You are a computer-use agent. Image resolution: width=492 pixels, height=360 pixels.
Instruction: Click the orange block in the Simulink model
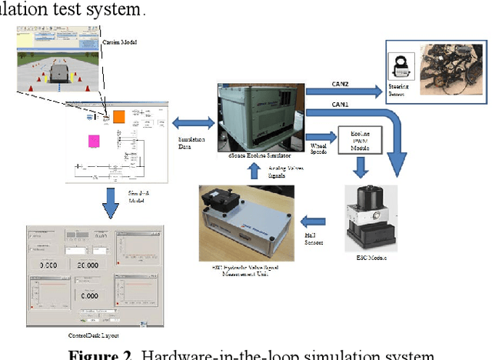(x=119, y=117)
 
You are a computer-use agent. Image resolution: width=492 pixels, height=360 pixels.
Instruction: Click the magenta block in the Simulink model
(x=94, y=141)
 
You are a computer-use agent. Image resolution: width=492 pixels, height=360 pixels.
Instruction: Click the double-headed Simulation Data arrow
(x=193, y=122)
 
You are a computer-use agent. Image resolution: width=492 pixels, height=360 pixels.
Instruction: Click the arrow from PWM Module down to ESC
(x=359, y=167)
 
